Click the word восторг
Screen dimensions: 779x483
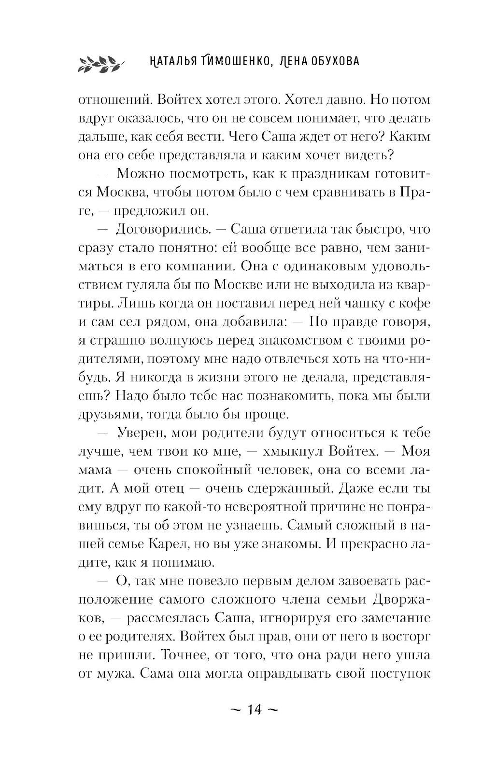[404, 637]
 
